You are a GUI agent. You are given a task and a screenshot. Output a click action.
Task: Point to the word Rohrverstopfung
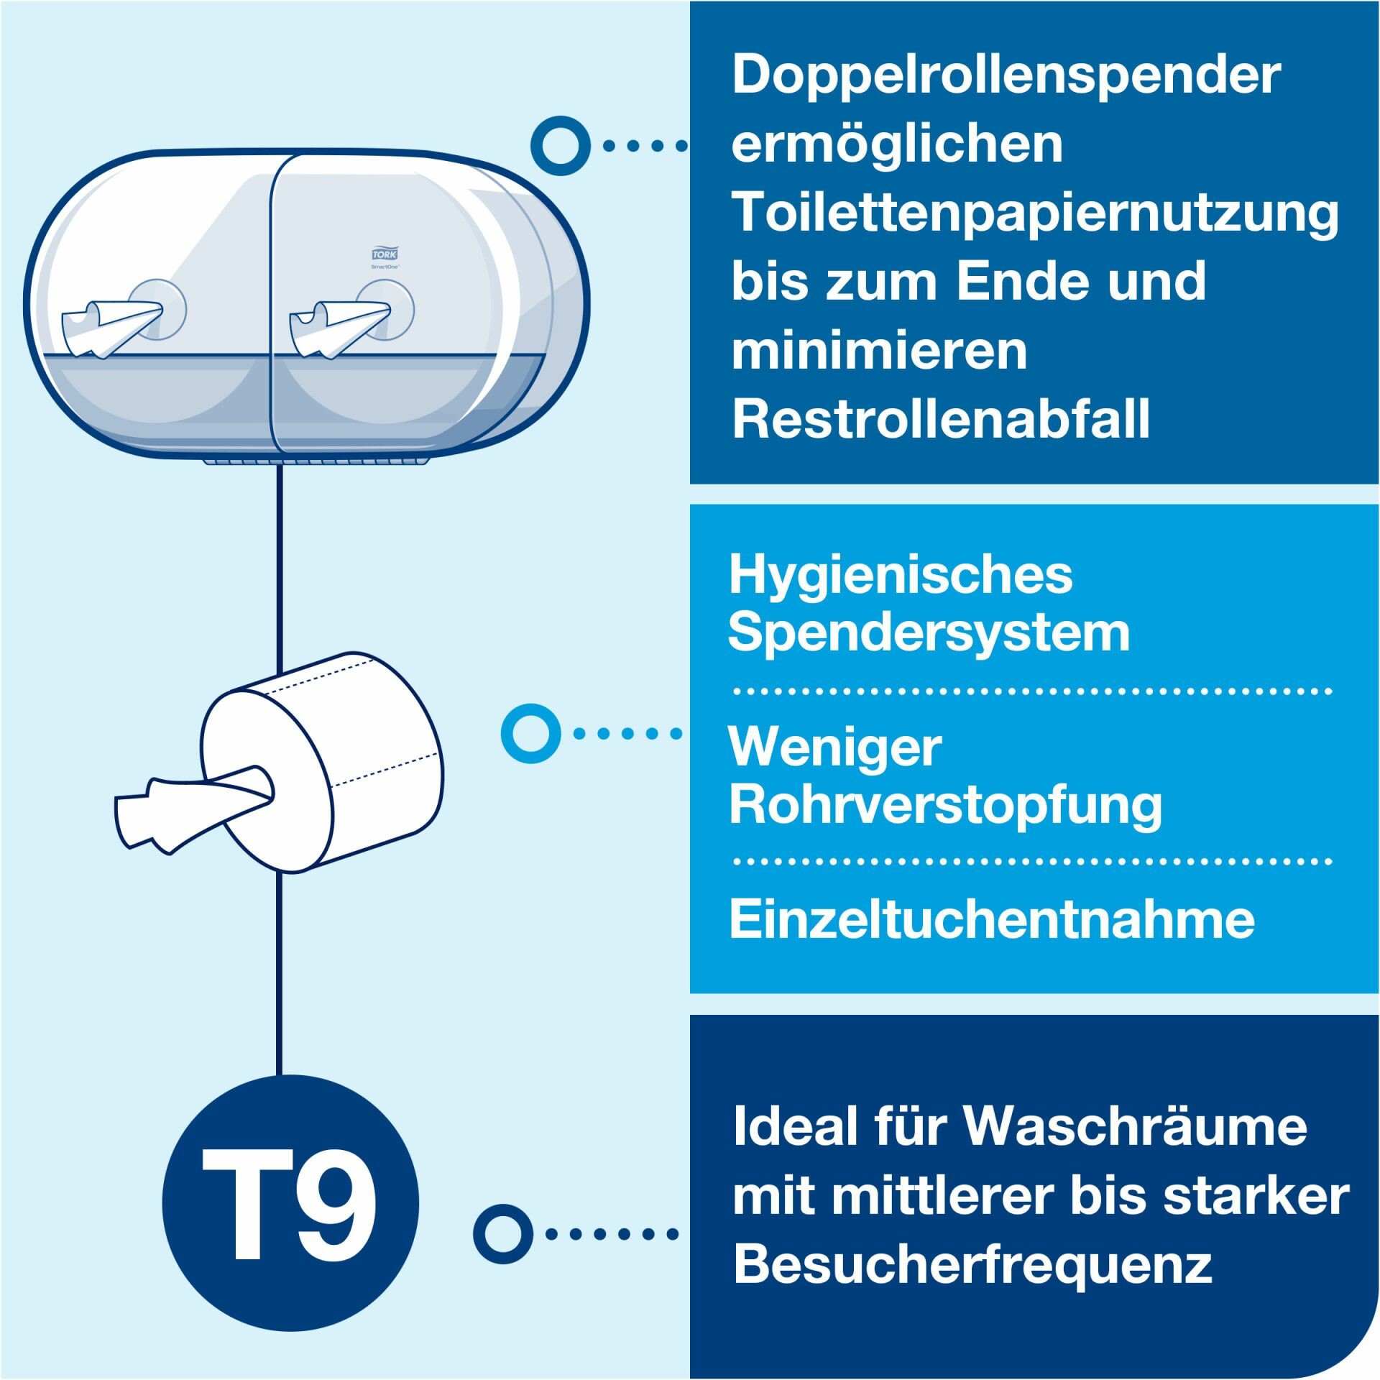click(945, 805)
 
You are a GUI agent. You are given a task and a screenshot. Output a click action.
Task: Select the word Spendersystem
click(929, 634)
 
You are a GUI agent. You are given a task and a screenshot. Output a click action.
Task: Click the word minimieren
click(880, 351)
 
